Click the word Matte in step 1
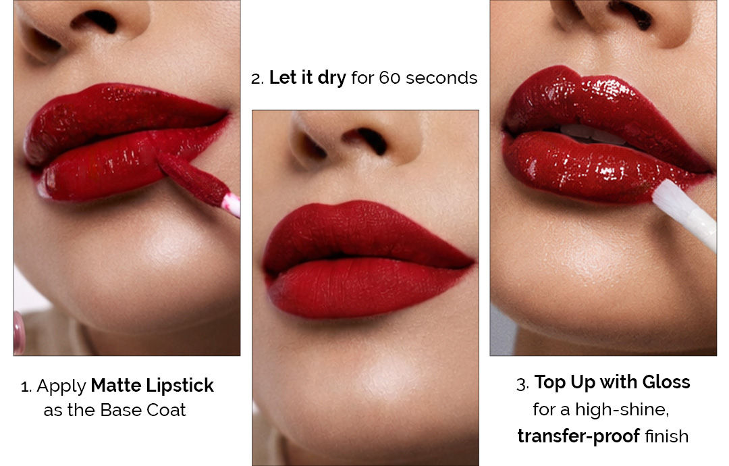click(x=116, y=386)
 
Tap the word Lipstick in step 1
click(x=180, y=386)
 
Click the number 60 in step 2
click(x=389, y=78)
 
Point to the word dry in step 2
click(x=331, y=78)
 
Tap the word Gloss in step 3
click(x=666, y=382)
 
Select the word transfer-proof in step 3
click(x=578, y=437)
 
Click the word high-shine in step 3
click(x=622, y=410)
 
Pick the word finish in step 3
click(x=667, y=436)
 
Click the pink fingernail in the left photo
click(x=19, y=332)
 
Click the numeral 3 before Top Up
click(x=522, y=384)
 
